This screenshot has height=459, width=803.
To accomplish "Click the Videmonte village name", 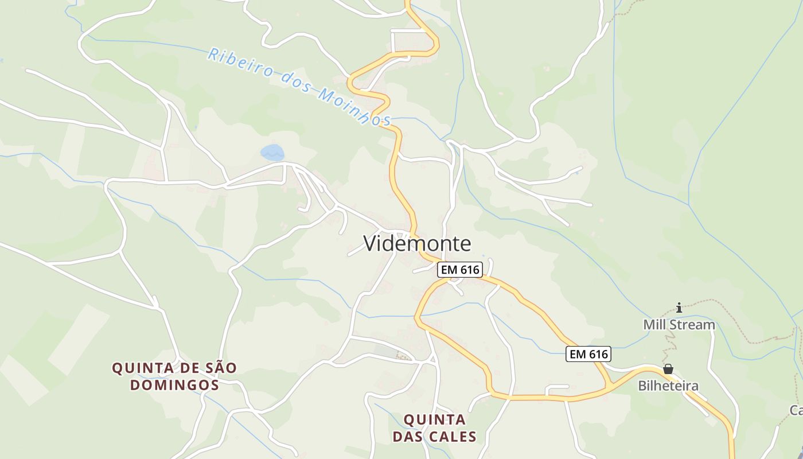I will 417,244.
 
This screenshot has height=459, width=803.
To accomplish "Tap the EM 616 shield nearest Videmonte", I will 459,270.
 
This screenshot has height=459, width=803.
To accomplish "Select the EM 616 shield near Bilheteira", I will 588,354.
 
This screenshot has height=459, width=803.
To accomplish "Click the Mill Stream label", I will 679,325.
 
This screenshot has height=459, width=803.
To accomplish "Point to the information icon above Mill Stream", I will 679,308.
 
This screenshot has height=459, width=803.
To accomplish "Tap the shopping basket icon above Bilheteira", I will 668,369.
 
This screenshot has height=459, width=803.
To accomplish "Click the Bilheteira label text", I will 668,386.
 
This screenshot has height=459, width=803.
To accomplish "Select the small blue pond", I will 272,153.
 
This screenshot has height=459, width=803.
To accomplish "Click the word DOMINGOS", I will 174,385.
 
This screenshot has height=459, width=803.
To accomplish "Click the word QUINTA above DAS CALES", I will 434,419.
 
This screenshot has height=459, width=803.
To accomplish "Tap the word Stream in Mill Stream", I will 693,325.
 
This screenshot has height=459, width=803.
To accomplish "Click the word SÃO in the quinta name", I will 220,368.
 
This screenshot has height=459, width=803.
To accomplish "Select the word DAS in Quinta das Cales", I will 409,437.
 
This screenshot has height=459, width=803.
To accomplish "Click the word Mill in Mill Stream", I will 654,325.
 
